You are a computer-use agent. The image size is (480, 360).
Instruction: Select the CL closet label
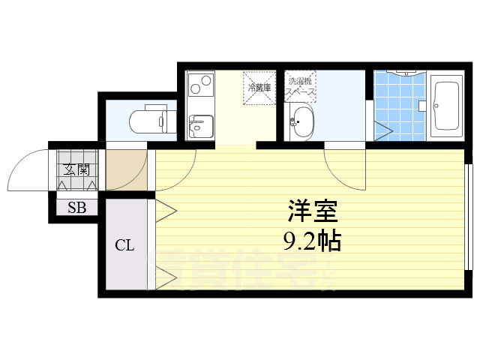point(124,245)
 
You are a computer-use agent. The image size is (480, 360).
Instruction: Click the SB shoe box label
point(76,208)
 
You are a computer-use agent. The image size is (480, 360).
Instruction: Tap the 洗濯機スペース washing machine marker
point(301,86)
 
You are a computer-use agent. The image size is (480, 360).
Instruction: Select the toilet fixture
point(151,121)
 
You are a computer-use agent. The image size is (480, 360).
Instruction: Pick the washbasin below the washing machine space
point(302,122)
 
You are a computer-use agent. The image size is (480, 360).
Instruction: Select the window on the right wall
point(469,217)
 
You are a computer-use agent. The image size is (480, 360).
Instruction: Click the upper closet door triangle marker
point(165,209)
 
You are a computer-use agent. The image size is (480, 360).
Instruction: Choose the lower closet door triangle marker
point(165,278)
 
